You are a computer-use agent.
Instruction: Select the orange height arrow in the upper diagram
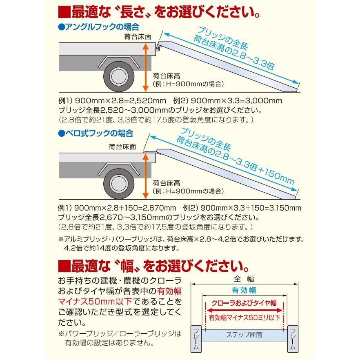click(144, 68)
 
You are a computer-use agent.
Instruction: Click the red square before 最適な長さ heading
click(64, 12)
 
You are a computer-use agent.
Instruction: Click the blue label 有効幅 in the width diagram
click(244, 290)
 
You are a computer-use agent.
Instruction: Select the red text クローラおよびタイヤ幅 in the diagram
click(244, 304)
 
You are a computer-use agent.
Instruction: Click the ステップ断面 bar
click(244, 335)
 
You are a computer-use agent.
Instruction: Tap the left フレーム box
click(196, 338)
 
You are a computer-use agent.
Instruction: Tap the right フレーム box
click(292, 338)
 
